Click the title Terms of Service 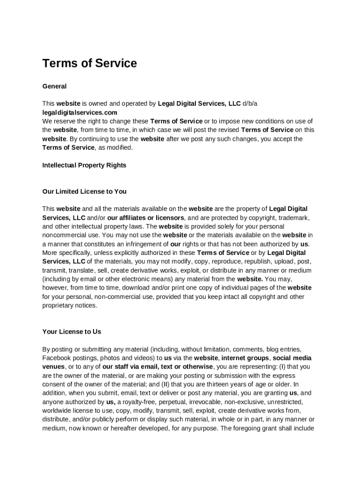[89, 64]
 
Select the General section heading [54, 86]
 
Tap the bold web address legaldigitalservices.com [80, 113]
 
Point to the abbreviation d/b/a [250, 103]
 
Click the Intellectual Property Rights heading [84, 165]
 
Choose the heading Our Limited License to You [84, 191]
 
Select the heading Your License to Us [72, 332]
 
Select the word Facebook [57, 358]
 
